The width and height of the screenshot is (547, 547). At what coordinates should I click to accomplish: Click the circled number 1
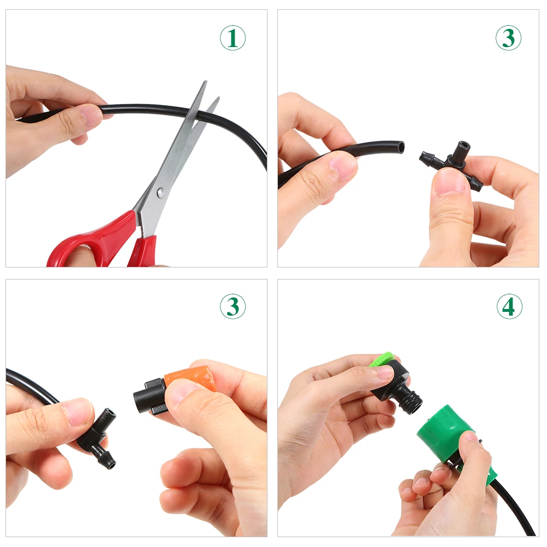232,38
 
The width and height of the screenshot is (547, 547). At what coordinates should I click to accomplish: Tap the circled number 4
509,307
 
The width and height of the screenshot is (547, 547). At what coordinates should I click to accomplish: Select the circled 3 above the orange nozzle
232,307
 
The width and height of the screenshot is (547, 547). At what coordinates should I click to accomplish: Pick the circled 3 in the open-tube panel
508,38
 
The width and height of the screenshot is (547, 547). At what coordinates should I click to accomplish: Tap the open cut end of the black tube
400,147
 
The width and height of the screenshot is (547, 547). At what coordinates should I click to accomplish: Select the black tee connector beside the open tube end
452,163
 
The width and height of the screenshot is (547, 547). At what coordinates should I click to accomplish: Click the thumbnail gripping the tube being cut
91,116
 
